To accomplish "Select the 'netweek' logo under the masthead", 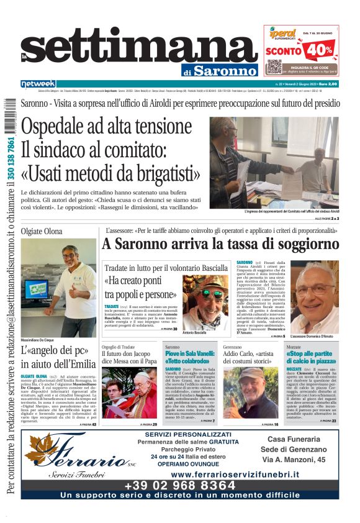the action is coord(38,84).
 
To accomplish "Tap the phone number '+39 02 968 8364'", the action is coord(180,484).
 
